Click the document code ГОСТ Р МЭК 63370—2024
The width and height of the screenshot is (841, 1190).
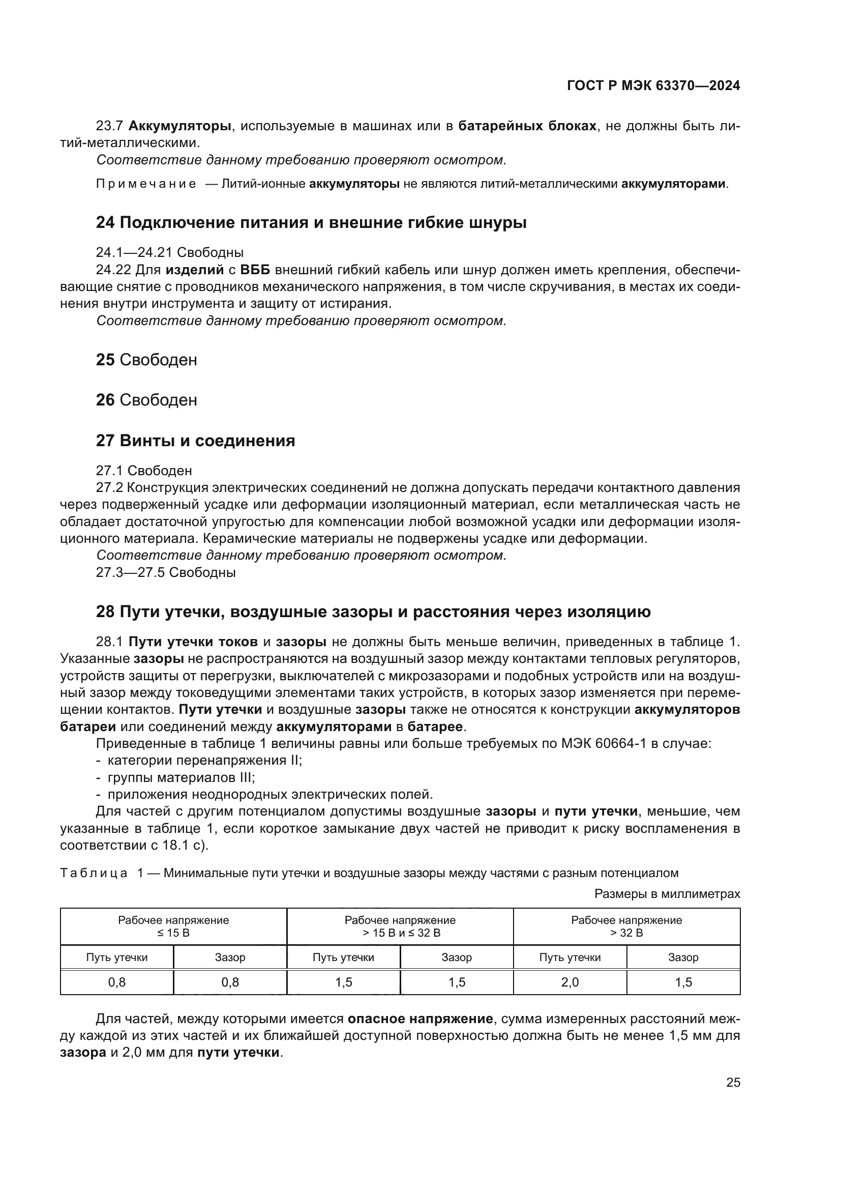click(653, 85)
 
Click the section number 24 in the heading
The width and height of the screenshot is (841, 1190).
click(105, 223)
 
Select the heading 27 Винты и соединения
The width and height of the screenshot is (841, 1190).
click(195, 441)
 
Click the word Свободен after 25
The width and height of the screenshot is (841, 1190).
click(158, 360)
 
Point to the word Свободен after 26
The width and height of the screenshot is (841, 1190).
click(158, 400)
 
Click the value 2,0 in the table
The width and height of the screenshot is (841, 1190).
click(569, 982)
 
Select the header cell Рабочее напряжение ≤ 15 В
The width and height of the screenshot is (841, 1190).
click(173, 926)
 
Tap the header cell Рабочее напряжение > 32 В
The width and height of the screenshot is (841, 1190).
click(626, 926)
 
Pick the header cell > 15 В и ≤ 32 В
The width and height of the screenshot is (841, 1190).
click(400, 933)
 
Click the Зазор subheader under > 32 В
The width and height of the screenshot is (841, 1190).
click(683, 957)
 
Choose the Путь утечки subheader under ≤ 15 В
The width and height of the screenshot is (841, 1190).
click(116, 957)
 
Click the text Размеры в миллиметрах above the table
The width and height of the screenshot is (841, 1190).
click(667, 894)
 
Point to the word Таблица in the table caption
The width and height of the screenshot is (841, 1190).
click(93, 873)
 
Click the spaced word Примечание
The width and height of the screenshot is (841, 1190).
click(146, 184)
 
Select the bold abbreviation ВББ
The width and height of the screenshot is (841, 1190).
click(255, 270)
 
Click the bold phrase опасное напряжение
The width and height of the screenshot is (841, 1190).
click(420, 1019)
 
